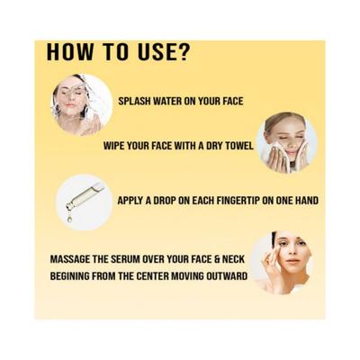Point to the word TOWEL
[x=239, y=146]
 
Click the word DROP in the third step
[x=165, y=201]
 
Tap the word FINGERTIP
[x=226, y=201]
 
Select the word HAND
[x=306, y=201]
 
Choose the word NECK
[x=233, y=259]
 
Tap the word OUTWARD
[x=227, y=276]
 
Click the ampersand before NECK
[x=217, y=259]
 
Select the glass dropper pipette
[x=85, y=196]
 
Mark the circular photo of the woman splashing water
[x=82, y=104]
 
